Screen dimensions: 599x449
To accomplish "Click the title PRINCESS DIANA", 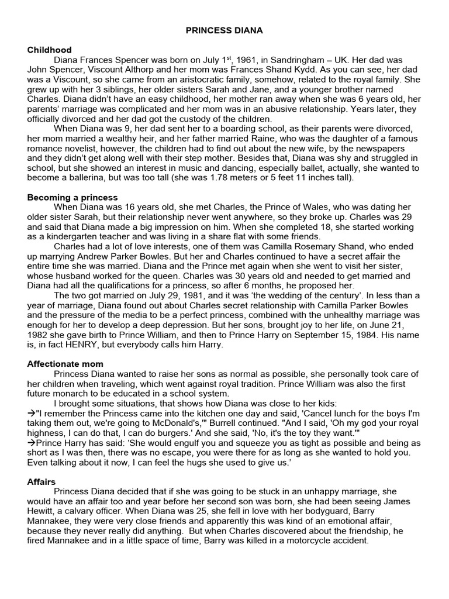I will [224, 29].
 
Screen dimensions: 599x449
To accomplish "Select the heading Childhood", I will [49, 50].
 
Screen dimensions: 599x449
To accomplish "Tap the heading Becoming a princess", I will [72, 197].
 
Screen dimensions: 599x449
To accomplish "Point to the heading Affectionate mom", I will [65, 364].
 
